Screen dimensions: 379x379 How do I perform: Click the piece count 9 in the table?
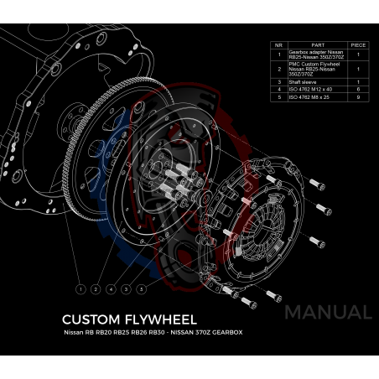[357, 96]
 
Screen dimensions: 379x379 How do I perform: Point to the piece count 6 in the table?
[357, 89]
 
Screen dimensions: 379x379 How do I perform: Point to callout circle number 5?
[142, 288]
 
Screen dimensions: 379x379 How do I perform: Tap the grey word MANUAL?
[328, 313]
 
